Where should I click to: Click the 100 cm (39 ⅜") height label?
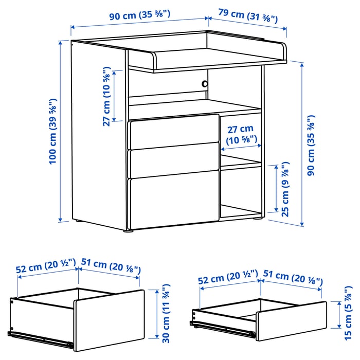[52, 131]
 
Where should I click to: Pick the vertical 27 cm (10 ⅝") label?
[106, 96]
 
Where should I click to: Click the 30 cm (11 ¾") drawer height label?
[166, 313]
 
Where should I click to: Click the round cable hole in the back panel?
[205, 83]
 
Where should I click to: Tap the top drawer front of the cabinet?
[172, 132]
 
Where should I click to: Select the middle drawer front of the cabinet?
[172, 163]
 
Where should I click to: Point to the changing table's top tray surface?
[206, 55]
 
